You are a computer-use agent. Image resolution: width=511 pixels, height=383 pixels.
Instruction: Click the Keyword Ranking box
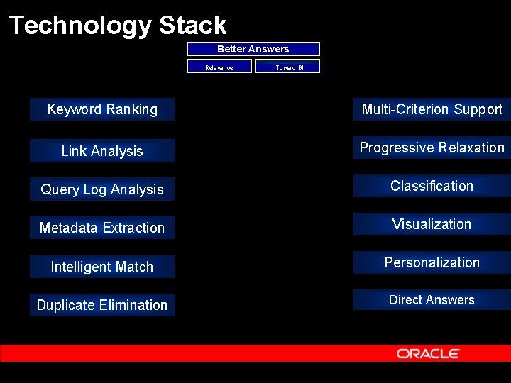[102, 109]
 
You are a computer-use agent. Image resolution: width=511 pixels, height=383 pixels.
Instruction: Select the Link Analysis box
[102, 151]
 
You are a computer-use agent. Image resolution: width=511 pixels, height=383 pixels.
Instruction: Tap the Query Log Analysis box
[102, 189]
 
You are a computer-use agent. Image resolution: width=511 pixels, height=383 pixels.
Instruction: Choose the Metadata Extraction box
[102, 228]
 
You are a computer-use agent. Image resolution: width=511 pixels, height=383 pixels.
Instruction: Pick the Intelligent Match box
[102, 267]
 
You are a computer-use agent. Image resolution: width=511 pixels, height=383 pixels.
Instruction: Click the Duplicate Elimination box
[102, 305]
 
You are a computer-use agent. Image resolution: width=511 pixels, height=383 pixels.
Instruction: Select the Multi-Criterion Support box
[432, 109]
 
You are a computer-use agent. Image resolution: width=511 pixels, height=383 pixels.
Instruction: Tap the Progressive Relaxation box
[432, 148]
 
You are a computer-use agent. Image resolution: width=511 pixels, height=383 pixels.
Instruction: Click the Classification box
[432, 186]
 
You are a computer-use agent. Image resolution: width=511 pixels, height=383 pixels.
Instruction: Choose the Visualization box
[432, 224]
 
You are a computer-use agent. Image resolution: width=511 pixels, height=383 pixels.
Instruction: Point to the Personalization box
[432, 262]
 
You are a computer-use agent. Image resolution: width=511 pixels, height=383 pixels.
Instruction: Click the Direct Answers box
[432, 300]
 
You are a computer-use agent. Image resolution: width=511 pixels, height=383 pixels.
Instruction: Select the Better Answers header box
[253, 49]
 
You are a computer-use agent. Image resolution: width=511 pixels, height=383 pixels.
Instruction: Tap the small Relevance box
[219, 67]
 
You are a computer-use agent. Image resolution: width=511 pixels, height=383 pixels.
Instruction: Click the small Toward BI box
[287, 67]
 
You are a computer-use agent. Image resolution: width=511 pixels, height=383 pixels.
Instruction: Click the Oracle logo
[428, 353]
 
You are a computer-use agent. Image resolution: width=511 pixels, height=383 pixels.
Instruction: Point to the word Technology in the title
[80, 26]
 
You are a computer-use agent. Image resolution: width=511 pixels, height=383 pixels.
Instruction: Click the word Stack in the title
[192, 26]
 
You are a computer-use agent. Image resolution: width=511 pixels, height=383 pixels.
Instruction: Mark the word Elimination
[133, 305]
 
